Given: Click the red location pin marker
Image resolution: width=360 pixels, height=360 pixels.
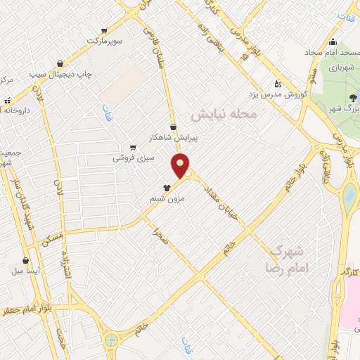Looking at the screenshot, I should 181,166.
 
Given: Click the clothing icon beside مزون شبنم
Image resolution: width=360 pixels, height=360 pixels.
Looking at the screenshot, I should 167,188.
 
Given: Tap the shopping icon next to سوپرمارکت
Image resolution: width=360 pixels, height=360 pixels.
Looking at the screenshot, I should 104,30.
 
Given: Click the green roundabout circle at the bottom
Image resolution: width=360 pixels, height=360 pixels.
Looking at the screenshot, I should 111,341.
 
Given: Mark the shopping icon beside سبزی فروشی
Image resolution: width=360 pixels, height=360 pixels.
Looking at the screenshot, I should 133,148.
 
